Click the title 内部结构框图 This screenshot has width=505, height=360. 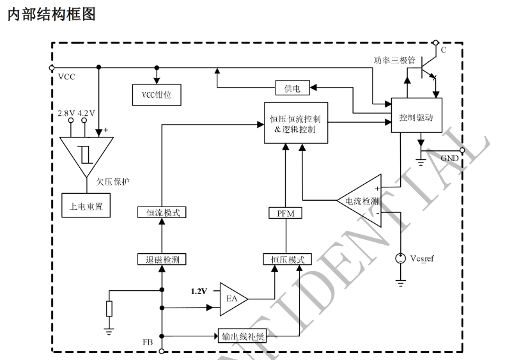pyautogui.click(x=50, y=15)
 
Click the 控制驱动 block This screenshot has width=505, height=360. pyautogui.click(x=416, y=117)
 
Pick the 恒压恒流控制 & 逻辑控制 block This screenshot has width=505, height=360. pyautogui.click(x=295, y=123)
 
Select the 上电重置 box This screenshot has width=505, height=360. pyautogui.click(x=86, y=205)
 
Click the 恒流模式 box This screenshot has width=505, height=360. pyautogui.click(x=162, y=212)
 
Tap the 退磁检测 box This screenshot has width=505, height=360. pyautogui.click(x=162, y=260)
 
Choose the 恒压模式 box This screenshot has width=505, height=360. pyautogui.click(x=283, y=260)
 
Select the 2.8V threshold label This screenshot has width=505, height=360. pyautogui.click(x=67, y=113)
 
